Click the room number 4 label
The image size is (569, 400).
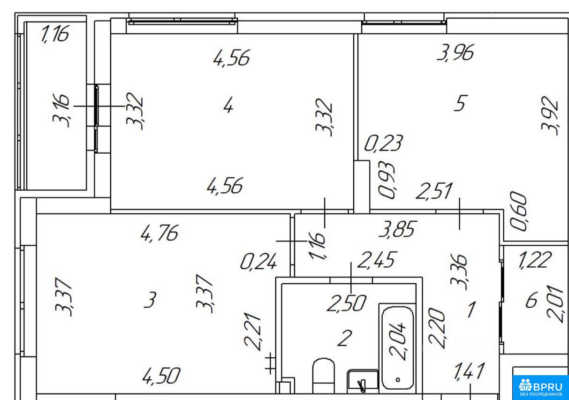pyautogui.click(x=228, y=106)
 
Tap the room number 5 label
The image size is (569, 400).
pyautogui.click(x=460, y=103)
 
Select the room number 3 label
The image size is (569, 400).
pyautogui.click(x=150, y=300)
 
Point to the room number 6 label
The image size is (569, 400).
pyautogui.click(x=531, y=300)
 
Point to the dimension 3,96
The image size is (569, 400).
pyautogui.click(x=455, y=53)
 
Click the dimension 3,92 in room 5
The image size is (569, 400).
pyautogui.click(x=549, y=115)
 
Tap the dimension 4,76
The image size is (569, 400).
pyautogui.click(x=159, y=233)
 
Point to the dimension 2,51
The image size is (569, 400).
pyautogui.click(x=434, y=190)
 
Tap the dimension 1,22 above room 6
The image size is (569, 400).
pyautogui.click(x=535, y=260)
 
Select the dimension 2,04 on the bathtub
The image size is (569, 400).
pyautogui.click(x=397, y=341)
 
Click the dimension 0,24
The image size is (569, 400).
pyautogui.click(x=258, y=262)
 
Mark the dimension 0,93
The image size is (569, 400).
pyautogui.click(x=387, y=180)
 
